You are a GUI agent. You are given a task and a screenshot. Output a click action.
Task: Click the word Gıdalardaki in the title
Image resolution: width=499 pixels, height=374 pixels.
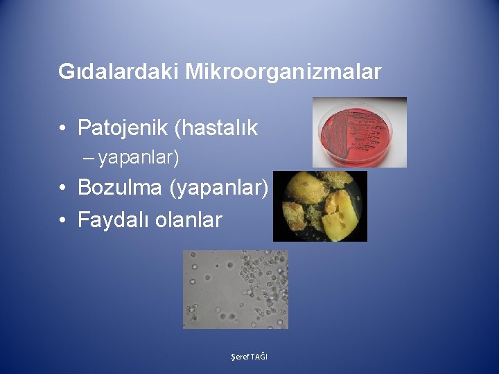[119, 71]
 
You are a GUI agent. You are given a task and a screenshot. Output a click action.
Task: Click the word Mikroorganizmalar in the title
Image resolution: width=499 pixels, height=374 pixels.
[283, 71]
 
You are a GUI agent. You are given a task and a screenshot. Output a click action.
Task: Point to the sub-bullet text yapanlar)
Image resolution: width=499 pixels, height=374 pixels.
[139, 159]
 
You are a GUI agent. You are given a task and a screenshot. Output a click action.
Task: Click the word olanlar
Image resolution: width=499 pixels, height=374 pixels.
[189, 220]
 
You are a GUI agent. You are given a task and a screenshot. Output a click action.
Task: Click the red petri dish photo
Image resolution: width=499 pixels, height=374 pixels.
[359, 132]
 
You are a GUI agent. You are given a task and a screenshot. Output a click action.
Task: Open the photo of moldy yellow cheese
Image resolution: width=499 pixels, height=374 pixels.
[319, 206]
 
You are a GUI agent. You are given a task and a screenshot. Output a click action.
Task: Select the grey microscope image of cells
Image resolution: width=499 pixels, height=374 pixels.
[236, 290]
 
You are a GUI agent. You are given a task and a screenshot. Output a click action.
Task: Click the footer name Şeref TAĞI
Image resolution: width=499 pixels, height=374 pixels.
[249, 356]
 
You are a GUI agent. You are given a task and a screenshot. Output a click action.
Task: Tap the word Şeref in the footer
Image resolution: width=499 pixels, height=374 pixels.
[240, 356]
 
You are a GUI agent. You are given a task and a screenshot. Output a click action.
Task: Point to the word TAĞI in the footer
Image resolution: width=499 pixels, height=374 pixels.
[260, 356]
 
